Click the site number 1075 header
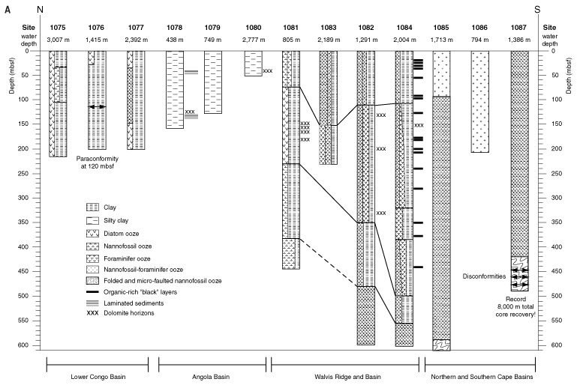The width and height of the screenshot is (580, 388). (x=58, y=27)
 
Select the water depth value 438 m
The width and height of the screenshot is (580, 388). (x=174, y=40)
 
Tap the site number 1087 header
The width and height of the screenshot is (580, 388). (x=518, y=27)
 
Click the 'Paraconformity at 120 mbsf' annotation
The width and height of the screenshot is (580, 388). (x=98, y=163)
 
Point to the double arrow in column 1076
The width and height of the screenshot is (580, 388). (x=97, y=106)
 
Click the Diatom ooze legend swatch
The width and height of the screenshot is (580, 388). (x=92, y=233)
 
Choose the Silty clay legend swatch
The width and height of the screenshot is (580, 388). (x=92, y=221)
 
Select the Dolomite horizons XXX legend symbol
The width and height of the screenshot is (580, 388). (x=92, y=313)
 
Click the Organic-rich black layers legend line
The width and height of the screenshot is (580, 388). (x=92, y=292)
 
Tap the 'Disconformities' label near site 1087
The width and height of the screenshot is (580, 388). (x=484, y=276)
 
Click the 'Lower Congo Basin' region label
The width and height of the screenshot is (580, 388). (x=98, y=377)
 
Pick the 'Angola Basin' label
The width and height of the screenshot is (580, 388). (x=211, y=377)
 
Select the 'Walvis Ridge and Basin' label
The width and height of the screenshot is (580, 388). (x=347, y=377)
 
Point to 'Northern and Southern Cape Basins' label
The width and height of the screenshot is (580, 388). (x=482, y=377)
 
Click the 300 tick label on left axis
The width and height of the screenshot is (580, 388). (x=23, y=198)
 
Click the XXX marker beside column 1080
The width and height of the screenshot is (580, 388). (x=268, y=71)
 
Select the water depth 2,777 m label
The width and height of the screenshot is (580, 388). (x=254, y=40)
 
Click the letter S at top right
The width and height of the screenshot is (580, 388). (x=537, y=10)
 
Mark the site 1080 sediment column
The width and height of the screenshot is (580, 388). (x=254, y=64)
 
